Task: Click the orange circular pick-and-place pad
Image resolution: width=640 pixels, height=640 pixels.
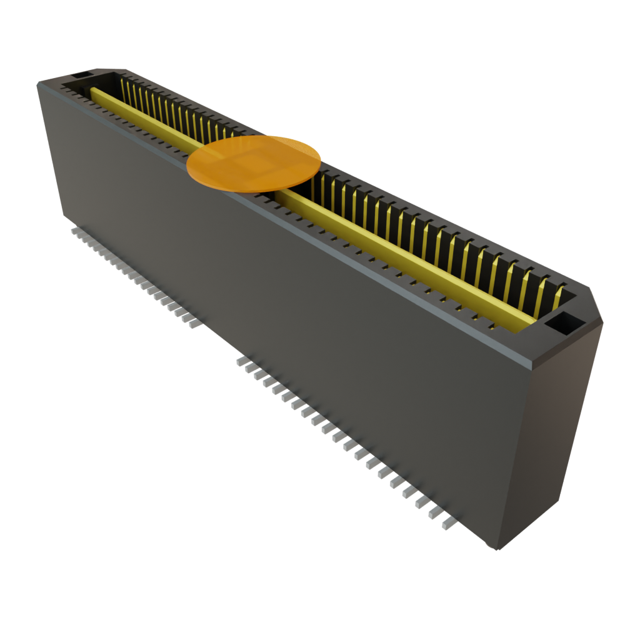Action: pyautogui.click(x=254, y=162)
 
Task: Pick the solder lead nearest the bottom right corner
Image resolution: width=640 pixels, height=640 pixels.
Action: pyautogui.click(x=448, y=524)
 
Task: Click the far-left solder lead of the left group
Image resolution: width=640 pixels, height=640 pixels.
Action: pyautogui.click(x=74, y=231)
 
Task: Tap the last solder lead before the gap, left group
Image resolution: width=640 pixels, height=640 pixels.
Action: pyautogui.click(x=194, y=324)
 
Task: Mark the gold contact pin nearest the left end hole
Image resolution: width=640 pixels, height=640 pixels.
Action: pyautogui.click(x=124, y=87)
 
